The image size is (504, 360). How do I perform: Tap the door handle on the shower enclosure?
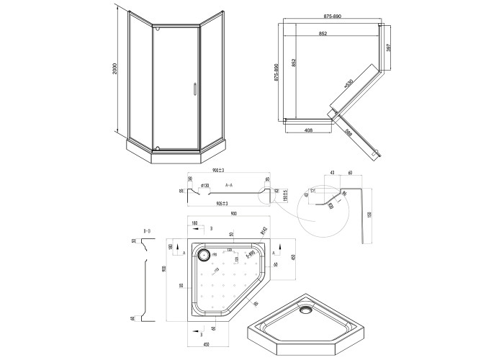coord(194,89)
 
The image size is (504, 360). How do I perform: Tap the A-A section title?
coord(229,185)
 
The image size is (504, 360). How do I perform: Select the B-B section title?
coord(147,230)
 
